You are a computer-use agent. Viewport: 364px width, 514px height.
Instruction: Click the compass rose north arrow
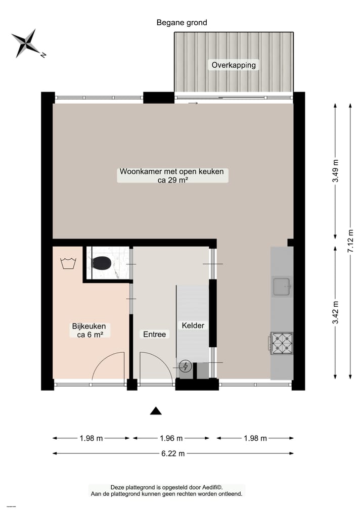pyautogui.click(x=27, y=43)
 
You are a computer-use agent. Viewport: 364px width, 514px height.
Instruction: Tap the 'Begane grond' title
pyautogui.click(x=181, y=22)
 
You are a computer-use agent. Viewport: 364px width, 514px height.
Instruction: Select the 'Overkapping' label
pyautogui.click(x=234, y=65)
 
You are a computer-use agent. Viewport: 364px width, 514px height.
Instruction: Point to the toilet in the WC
pyautogui.click(x=102, y=263)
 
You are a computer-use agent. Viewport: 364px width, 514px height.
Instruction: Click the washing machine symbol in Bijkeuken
pyautogui.click(x=67, y=263)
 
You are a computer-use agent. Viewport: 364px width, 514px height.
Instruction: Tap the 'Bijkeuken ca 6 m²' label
pyautogui.click(x=89, y=330)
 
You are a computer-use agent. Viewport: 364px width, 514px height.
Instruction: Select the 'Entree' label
pyautogui.click(x=154, y=334)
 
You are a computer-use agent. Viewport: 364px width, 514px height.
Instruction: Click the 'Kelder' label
pyautogui.click(x=193, y=325)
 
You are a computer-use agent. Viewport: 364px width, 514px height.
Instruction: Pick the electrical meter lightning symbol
pyautogui.click(x=186, y=366)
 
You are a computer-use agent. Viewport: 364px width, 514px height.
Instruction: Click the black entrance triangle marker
pyautogui.click(x=156, y=411)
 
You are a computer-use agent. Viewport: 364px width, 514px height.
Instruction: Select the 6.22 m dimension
pyautogui.click(x=172, y=453)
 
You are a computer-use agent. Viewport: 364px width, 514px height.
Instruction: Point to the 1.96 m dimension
pyautogui.click(x=171, y=438)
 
